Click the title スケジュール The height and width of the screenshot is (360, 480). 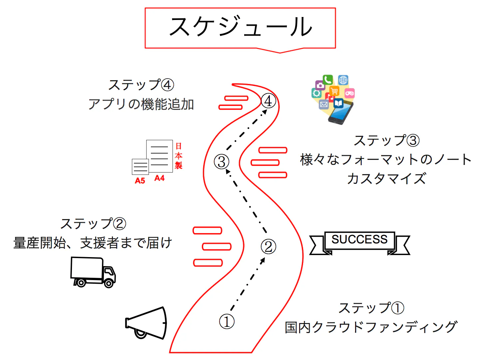(x=240, y=27)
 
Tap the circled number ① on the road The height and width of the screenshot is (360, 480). (x=227, y=322)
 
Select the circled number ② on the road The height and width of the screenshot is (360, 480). (x=268, y=247)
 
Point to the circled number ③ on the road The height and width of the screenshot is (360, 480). (x=222, y=162)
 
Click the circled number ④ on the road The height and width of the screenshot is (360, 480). (x=268, y=101)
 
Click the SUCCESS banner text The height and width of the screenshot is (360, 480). (x=359, y=239)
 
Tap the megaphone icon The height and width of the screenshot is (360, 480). (x=147, y=323)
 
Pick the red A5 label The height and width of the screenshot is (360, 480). (x=140, y=181)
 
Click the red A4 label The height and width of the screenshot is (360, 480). (x=160, y=178)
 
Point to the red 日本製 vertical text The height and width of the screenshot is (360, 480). (x=179, y=156)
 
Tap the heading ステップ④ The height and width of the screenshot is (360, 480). (x=141, y=85)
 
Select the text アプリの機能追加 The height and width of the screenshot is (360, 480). (x=141, y=105)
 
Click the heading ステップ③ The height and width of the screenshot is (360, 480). (x=386, y=141)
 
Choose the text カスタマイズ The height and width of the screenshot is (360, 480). (x=386, y=179)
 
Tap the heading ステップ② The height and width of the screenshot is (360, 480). (x=93, y=224)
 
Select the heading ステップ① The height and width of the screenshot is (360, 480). (x=371, y=308)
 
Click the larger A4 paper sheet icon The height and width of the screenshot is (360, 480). (x=160, y=156)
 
